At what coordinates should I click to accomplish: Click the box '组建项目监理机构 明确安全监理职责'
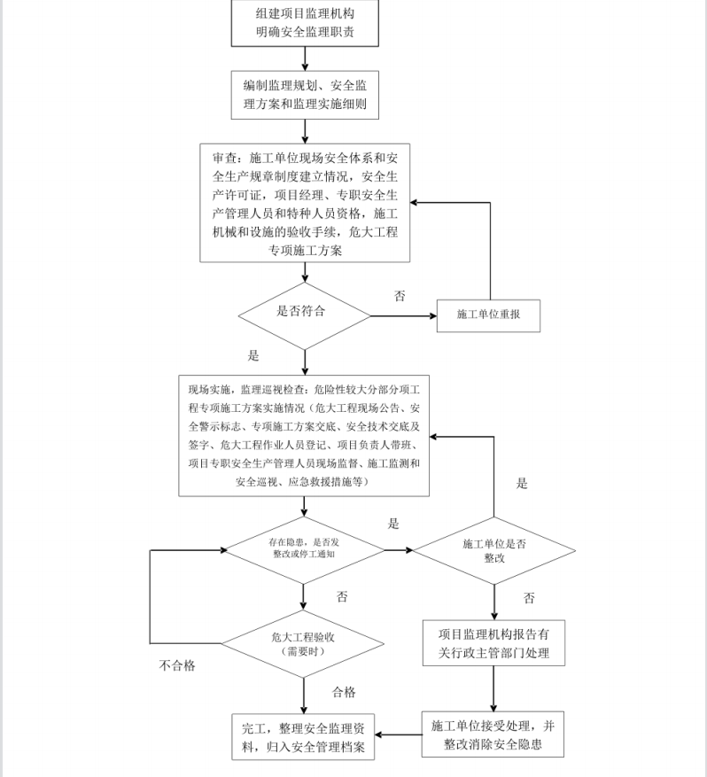(306, 24)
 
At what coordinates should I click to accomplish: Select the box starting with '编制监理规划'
(306, 96)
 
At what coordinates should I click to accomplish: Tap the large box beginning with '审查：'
(306, 204)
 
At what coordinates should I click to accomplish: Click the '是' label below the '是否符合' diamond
(253, 356)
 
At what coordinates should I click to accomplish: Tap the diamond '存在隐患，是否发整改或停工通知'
(304, 549)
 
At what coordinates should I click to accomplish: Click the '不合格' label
(177, 666)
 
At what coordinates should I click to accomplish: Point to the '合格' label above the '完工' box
(344, 692)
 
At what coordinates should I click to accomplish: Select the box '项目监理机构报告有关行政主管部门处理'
(493, 644)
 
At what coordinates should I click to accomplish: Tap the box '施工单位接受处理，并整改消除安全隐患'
(493, 734)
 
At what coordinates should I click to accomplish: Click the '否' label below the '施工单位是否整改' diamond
(529, 599)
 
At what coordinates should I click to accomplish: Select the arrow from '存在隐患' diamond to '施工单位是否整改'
(399, 550)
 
